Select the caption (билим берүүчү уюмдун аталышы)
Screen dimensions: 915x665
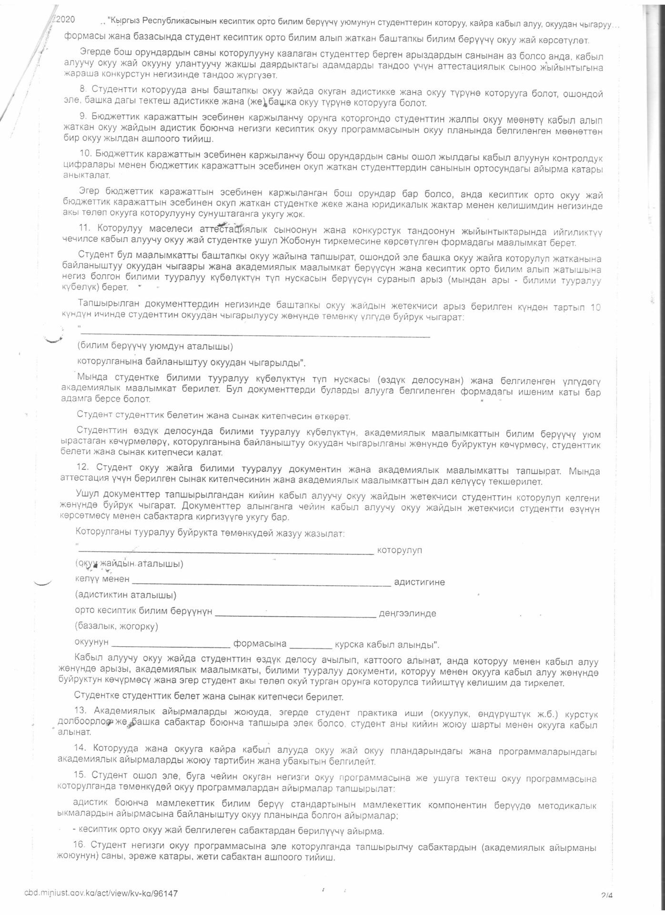click(155, 346)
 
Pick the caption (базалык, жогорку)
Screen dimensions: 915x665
click(117, 626)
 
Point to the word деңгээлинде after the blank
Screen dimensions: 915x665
click(407, 613)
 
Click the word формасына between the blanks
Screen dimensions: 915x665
click(260, 644)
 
